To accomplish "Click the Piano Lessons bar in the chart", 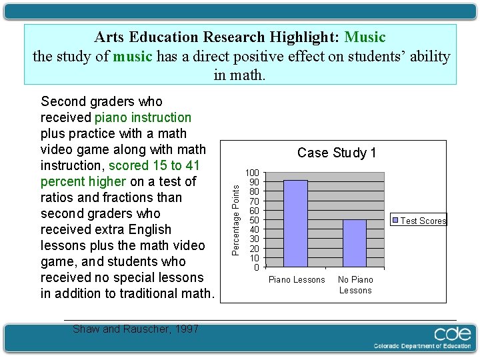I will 295,223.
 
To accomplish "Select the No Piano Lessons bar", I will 355,243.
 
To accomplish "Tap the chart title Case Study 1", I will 337,153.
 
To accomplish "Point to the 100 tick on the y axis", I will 253,173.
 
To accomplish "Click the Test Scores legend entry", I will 423,221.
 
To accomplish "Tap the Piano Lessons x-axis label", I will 297,280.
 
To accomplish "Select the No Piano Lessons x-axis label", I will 355,285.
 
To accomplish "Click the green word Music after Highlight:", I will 365,37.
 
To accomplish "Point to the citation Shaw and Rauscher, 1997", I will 135,329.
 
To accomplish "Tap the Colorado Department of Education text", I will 421,346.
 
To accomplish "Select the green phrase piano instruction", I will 143,117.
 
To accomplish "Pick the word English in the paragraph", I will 149,229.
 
